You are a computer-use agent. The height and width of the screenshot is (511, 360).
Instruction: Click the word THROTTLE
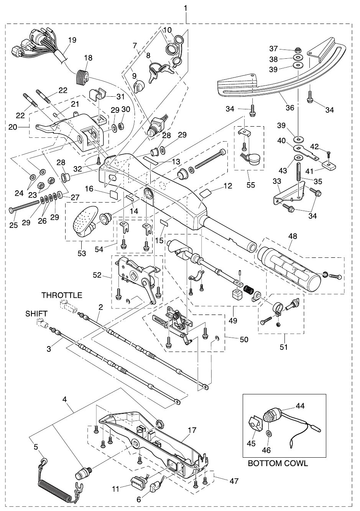coord(62,295)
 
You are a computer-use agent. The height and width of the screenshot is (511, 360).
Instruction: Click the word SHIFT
coord(36,314)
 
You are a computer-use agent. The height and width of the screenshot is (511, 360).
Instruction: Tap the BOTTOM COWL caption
coord(278,463)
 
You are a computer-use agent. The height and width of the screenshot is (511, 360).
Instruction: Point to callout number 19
coord(72,40)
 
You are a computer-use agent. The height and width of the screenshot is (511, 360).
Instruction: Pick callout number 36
coord(290,107)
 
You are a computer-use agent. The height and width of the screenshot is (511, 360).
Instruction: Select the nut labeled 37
coord(298,49)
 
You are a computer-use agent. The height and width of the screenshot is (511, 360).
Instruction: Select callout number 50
coord(244,340)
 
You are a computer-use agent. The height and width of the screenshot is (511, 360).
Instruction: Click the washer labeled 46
coord(268,433)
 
